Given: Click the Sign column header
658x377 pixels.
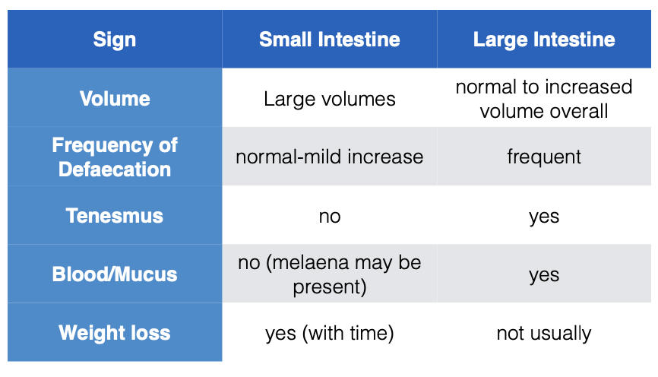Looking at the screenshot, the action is pos(115,40).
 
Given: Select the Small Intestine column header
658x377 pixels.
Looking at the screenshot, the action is pos(330,40).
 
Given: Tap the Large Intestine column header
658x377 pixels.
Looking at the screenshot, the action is pos(544,40).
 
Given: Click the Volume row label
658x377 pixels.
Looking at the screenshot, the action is pos(115,99).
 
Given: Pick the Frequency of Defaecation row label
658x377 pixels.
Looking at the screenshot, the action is pos(115,157).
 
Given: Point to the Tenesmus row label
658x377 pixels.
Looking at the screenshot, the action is pos(115,216).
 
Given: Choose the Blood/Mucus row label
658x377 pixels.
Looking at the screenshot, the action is pos(115,274).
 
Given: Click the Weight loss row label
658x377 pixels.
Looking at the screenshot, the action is pos(115,333).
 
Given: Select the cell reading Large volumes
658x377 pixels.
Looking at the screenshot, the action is pos(330,100).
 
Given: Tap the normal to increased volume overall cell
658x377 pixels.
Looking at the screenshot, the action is pos(544,99).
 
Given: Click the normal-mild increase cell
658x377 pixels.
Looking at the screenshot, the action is pos(330,157).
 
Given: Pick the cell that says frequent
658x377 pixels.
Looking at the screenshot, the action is pos(544,157).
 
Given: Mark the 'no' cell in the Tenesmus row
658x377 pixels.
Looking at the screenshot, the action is pos(330,217).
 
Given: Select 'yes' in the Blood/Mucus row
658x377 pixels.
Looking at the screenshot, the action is pos(544,275).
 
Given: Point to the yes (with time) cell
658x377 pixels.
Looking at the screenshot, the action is pos(330,334).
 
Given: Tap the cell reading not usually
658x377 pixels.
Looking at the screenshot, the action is pos(544,334).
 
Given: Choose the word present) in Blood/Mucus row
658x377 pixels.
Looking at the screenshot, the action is pos(330,287).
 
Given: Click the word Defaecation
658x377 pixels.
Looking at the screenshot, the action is pos(115,169).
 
